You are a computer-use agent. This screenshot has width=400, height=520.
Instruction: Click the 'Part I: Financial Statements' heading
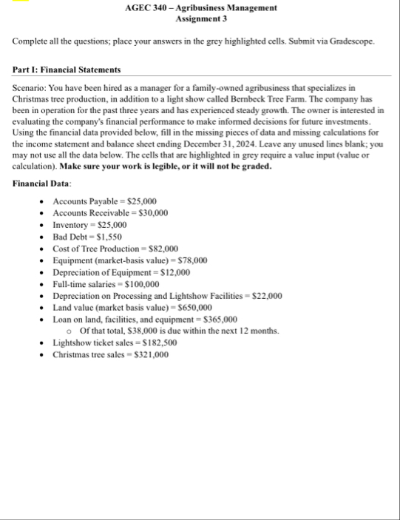point(67,70)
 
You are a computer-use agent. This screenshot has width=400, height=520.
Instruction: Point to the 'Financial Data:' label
point(42,183)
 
